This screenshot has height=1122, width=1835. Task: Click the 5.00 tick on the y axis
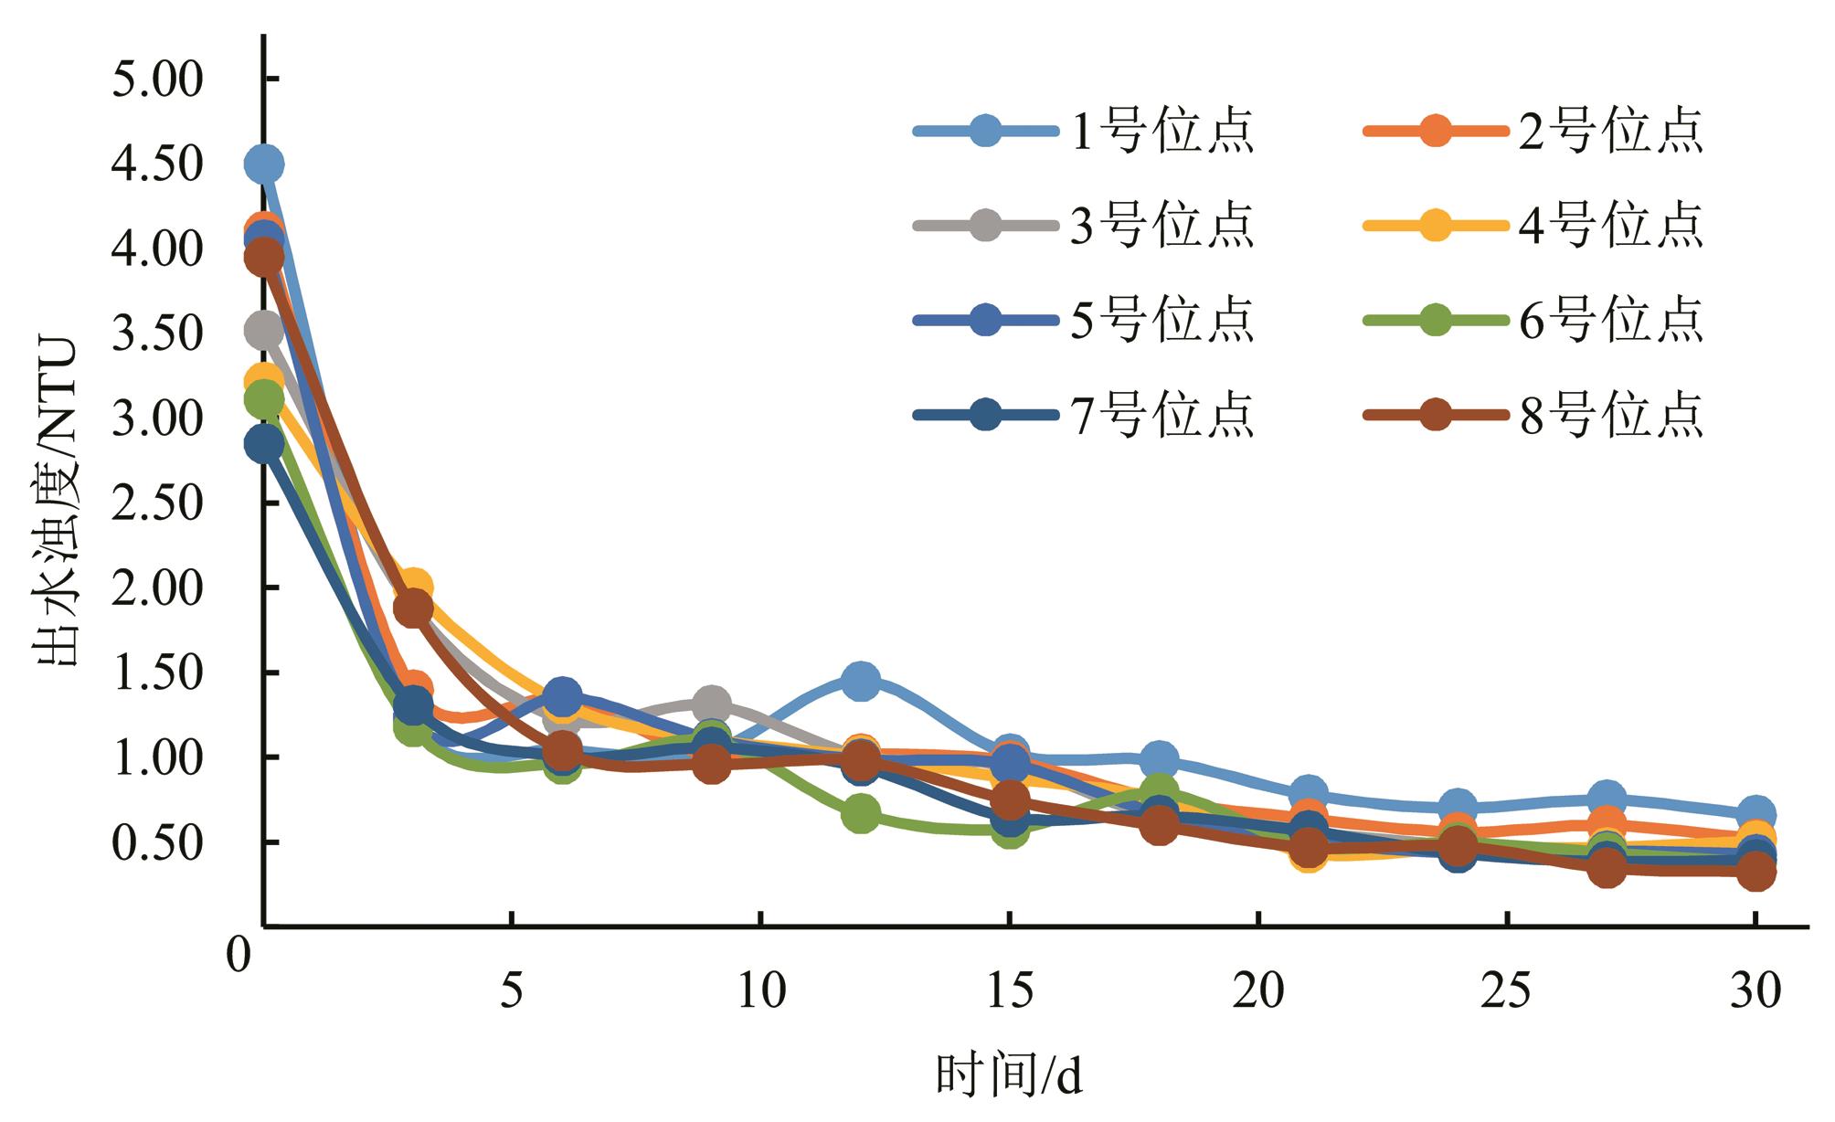(155, 79)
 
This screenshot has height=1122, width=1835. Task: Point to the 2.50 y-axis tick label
(155, 503)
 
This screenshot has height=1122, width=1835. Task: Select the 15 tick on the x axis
(1009, 990)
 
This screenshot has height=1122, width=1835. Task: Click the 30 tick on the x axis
(1755, 990)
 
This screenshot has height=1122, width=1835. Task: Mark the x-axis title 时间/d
(1009, 1076)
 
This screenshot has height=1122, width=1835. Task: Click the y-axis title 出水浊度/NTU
(57, 503)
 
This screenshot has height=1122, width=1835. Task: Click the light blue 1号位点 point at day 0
(264, 164)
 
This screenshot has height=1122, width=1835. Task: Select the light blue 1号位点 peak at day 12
(860, 681)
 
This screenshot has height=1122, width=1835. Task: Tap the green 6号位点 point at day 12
(860, 814)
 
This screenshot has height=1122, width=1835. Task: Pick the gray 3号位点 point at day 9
(711, 704)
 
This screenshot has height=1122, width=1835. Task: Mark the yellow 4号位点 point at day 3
(413, 587)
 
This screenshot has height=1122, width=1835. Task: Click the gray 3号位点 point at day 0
(264, 331)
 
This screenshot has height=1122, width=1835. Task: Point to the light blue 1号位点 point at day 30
(1755, 813)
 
